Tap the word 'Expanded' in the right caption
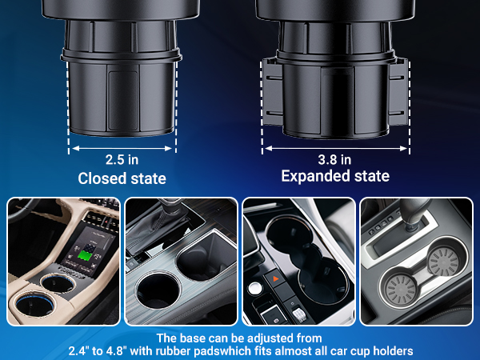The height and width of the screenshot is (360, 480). pyautogui.click(x=313, y=176)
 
